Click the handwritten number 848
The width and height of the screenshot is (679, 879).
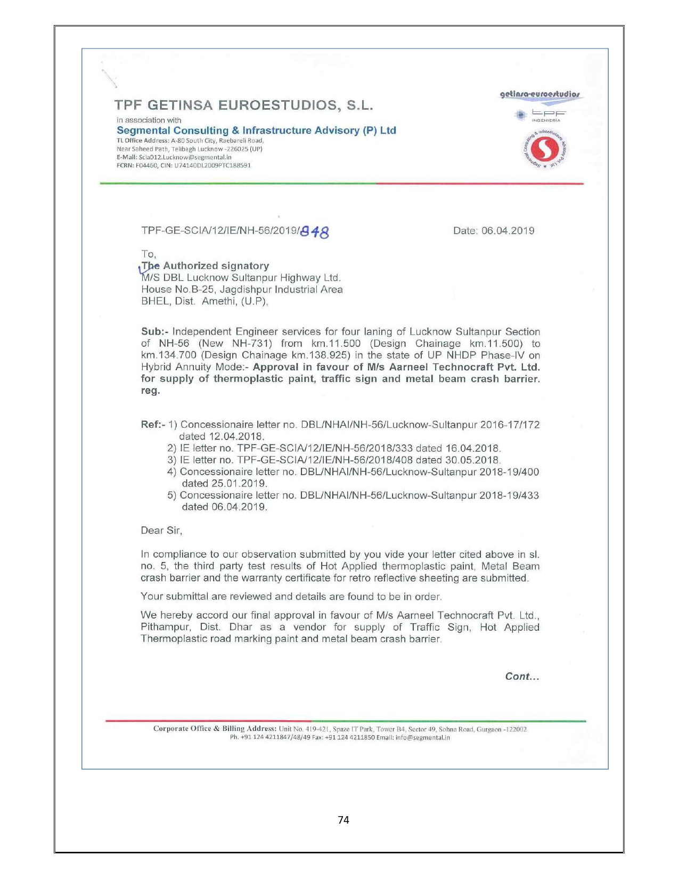[315, 232]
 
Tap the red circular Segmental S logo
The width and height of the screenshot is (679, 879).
[545, 150]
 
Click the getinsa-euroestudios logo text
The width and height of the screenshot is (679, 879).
[540, 95]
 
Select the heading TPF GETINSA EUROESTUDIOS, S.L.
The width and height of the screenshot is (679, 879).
[243, 105]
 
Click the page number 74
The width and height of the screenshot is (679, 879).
[343, 820]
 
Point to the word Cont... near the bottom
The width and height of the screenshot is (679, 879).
[522, 677]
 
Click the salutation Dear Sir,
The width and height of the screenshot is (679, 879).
[161, 531]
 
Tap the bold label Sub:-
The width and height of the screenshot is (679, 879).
[154, 332]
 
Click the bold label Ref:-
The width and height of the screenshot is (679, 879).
[153, 425]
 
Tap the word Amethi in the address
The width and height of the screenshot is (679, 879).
[218, 301]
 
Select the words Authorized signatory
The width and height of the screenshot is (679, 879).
[216, 266]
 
